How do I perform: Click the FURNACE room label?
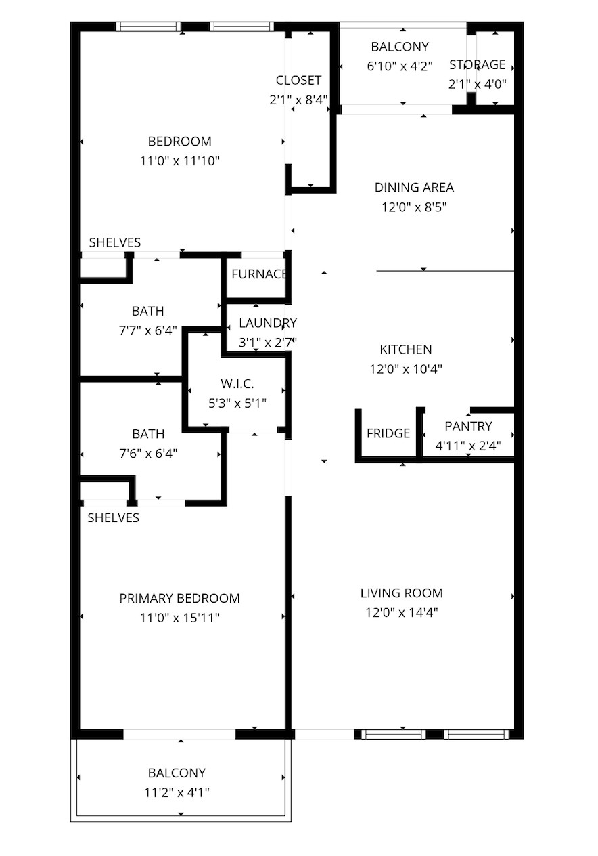coord(259,274)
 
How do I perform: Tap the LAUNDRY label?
coord(267,323)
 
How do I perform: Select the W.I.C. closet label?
coord(237,384)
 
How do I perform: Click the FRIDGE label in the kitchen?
coord(388,433)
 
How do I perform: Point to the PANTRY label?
coord(468,426)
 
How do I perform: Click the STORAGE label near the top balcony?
coord(478,64)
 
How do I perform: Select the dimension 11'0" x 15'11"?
coord(180,618)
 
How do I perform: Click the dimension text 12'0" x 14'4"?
coord(402,612)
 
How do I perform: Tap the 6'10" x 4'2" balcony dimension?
coord(400,66)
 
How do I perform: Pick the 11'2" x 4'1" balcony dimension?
coord(177,792)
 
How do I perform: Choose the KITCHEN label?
coord(405,349)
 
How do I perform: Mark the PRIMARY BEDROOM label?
coord(179,598)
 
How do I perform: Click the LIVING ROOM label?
coord(402,593)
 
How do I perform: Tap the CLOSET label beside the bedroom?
coord(298,80)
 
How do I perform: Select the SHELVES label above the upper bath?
coord(115,242)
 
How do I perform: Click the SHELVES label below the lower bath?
coord(114,517)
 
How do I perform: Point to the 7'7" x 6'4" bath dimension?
coord(147,330)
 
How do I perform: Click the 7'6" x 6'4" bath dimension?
coord(147,453)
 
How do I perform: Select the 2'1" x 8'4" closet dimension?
coord(298,100)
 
